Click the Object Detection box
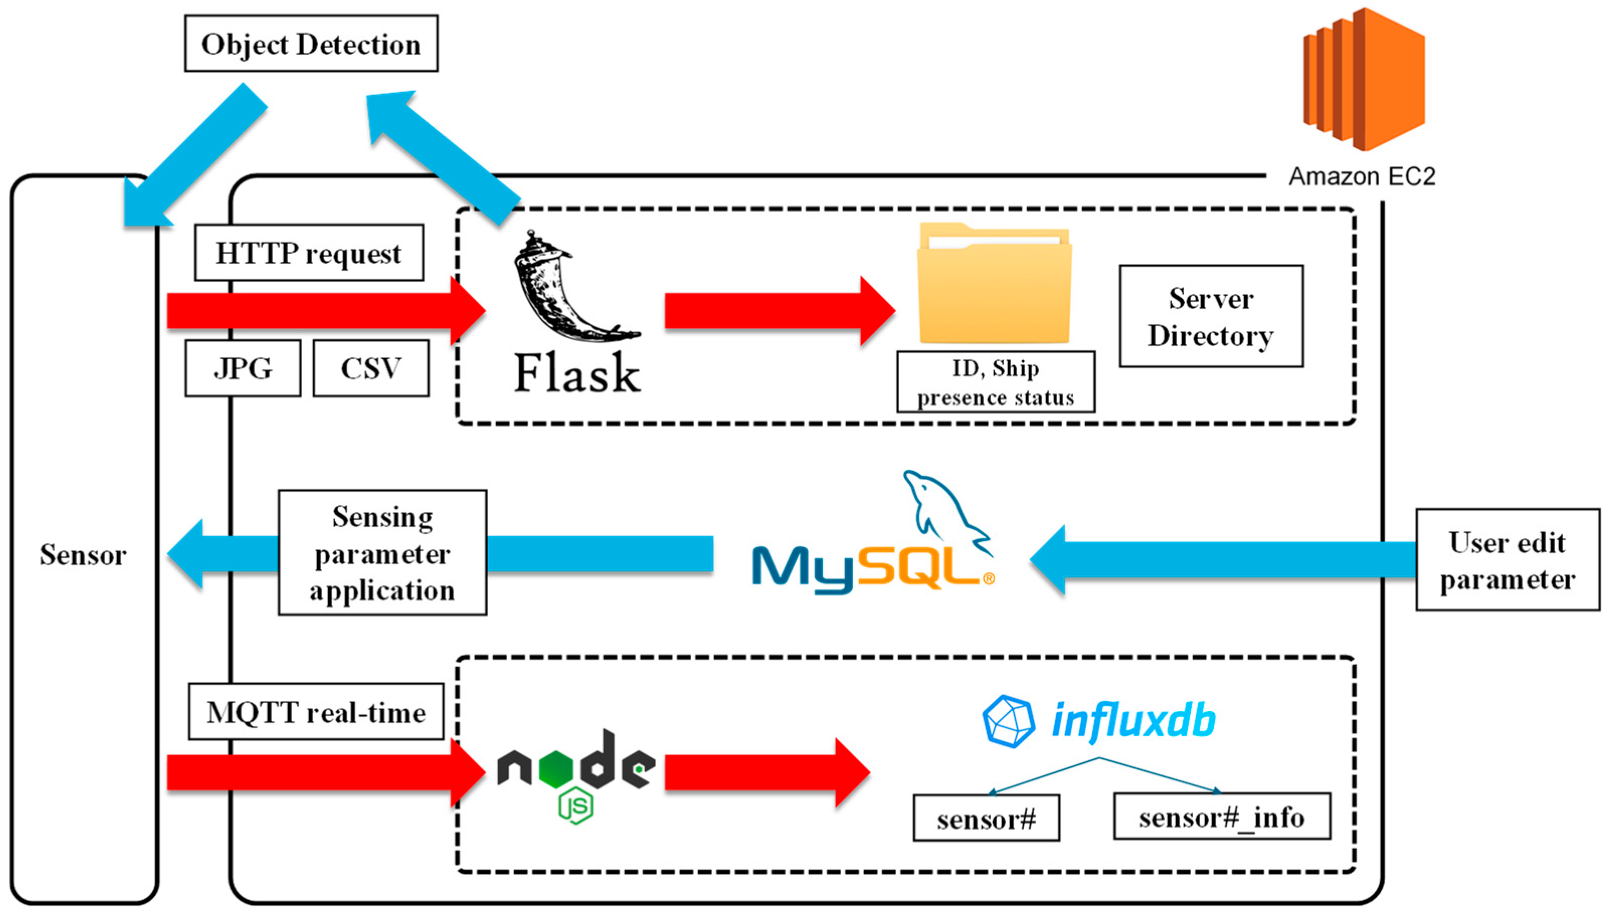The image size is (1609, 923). click(x=311, y=44)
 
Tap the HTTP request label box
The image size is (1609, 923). click(x=309, y=253)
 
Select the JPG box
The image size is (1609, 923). click(x=243, y=368)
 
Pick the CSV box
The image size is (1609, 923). click(x=371, y=368)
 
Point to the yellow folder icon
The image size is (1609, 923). click(x=994, y=283)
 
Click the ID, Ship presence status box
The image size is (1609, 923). click(x=996, y=382)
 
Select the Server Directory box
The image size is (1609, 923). click(x=1211, y=317)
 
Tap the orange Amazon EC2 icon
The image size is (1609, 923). click(x=1364, y=79)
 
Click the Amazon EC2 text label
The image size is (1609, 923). click(x=1362, y=176)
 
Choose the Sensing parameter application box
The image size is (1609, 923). click(x=383, y=553)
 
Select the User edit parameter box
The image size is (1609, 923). click(x=1507, y=560)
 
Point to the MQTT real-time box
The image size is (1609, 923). click(x=316, y=712)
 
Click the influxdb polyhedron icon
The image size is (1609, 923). click(x=1008, y=722)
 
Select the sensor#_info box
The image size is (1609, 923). click(x=1221, y=817)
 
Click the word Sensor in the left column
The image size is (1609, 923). click(x=83, y=555)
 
